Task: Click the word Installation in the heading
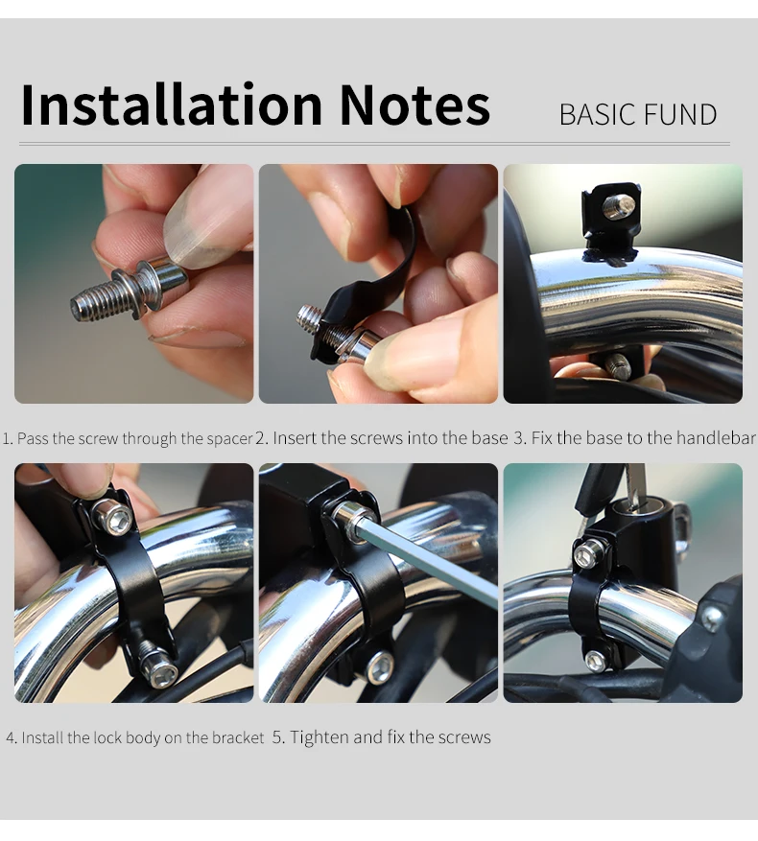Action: tap(171, 105)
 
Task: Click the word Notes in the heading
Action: tap(415, 105)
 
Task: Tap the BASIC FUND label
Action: tap(638, 114)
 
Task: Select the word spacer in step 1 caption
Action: tap(229, 439)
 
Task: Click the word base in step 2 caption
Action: tap(489, 438)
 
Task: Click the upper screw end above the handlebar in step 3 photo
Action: tap(619, 206)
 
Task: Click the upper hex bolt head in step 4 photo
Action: tap(114, 517)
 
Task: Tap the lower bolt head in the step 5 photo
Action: tap(380, 667)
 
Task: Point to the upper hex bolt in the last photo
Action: tap(590, 554)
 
